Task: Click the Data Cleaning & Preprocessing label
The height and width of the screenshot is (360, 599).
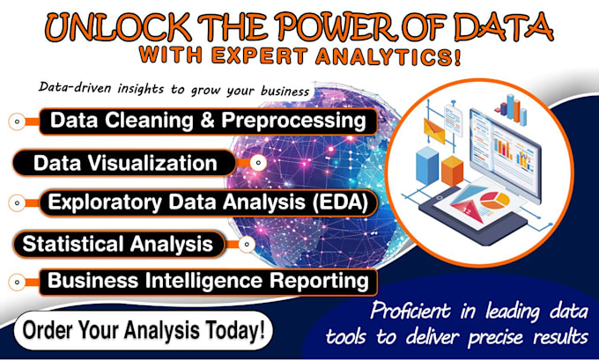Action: (x=207, y=121)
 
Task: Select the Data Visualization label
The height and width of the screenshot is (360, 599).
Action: (x=124, y=163)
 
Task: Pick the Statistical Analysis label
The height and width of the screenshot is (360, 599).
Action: (x=117, y=242)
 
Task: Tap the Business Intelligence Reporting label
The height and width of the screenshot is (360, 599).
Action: (x=207, y=281)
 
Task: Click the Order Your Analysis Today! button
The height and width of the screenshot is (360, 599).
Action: (x=144, y=332)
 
